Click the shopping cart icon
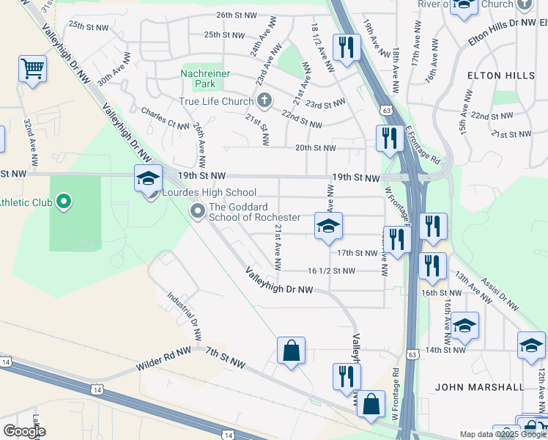32,70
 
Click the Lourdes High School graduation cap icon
148,177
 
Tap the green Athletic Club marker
63,200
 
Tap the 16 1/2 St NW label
331,271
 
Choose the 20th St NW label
315,147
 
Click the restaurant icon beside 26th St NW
344,47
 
